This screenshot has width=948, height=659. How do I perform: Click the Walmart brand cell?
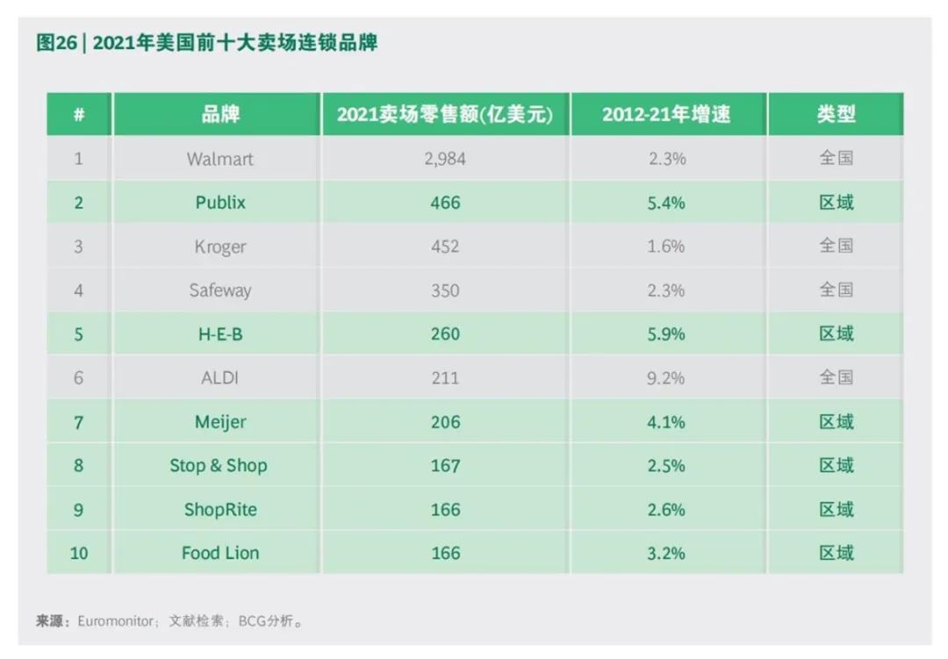pos(219,159)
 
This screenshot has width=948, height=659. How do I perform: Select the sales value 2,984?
pos(445,159)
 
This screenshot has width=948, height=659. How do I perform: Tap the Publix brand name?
pos(220,203)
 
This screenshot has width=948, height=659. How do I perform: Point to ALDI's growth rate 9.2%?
pos(666,378)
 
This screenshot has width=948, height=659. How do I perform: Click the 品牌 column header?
pos(220,114)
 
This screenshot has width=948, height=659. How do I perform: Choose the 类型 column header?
pos(836,114)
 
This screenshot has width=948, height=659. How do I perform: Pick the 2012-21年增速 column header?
pos(666,114)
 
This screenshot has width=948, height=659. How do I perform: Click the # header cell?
pos(79,114)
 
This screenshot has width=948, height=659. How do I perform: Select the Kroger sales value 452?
pos(445,247)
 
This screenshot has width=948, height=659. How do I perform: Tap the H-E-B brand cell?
pos(220,334)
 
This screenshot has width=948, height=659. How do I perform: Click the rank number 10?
pos(79,554)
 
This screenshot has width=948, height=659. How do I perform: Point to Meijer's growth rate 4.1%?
pos(666,422)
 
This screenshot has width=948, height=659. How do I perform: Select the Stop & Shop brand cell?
pos(219,466)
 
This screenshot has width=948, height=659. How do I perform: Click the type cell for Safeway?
pos(836,290)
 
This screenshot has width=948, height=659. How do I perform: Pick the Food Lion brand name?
pos(220,554)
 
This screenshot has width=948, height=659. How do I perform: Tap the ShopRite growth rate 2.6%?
pos(666,510)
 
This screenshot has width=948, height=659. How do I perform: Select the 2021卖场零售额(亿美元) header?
pos(445,114)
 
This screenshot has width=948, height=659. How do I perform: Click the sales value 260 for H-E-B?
pos(445,334)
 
